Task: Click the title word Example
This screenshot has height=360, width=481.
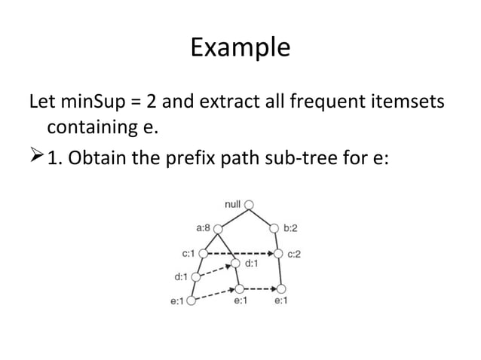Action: click(x=240, y=47)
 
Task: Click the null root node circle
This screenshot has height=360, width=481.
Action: click(x=249, y=204)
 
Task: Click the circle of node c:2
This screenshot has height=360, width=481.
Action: click(x=279, y=253)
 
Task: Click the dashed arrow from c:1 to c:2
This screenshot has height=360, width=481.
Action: click(x=240, y=253)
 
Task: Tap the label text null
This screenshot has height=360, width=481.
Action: click(x=233, y=203)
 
